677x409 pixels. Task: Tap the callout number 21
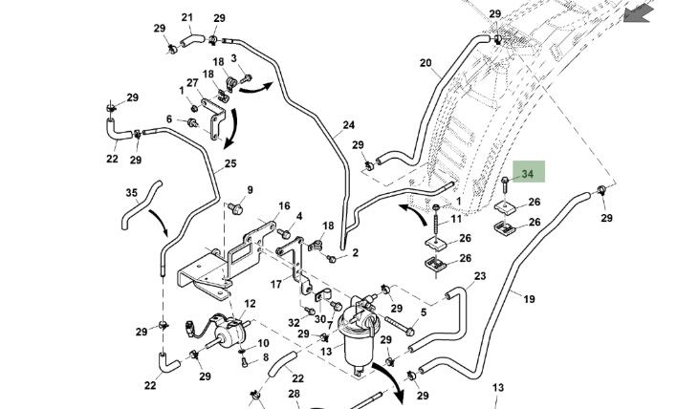point(187,17)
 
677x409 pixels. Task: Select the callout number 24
point(349,125)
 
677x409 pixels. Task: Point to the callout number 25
point(230,164)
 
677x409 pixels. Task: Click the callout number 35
point(132,193)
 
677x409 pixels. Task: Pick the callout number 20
point(426,64)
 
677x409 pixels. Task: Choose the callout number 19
point(529,299)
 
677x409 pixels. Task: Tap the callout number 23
point(480,276)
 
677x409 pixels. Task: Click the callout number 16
point(284,206)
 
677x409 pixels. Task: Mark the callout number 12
point(251,304)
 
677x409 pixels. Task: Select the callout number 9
point(251,190)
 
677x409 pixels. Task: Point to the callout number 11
point(456,220)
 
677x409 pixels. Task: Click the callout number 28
point(295,394)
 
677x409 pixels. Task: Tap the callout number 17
point(276,284)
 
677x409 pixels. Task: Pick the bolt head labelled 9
point(239,208)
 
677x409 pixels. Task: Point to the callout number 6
point(169,119)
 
